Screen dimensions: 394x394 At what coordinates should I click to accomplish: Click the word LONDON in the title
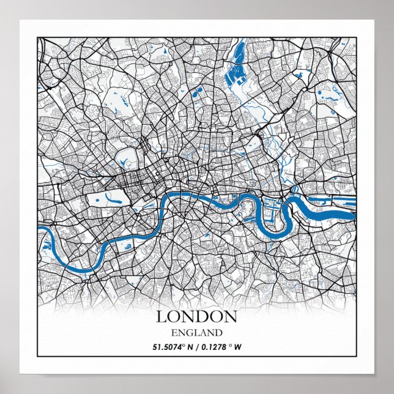click(196, 316)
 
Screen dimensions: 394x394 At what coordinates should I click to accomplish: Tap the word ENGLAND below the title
click(196, 333)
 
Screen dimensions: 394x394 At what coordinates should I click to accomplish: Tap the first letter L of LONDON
click(162, 316)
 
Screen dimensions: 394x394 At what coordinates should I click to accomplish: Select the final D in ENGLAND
click(218, 333)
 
